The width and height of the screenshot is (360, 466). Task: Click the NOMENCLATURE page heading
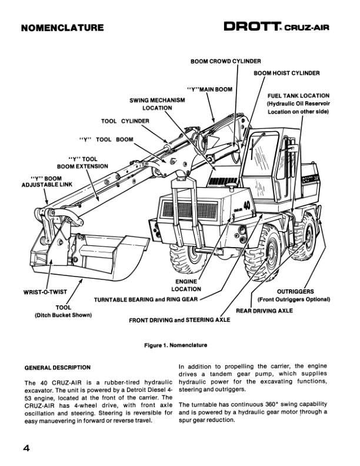point(62,28)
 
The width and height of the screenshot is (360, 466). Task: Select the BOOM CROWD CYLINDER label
point(226,61)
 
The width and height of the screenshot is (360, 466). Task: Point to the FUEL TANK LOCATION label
point(298,95)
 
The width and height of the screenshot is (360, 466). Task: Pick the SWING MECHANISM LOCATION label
point(157,104)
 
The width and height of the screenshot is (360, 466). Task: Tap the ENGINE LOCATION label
point(186,285)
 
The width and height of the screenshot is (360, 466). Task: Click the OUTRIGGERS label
point(295,292)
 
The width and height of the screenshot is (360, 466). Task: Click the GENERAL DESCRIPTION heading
point(58,368)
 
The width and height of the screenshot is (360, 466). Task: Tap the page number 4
point(27,449)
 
